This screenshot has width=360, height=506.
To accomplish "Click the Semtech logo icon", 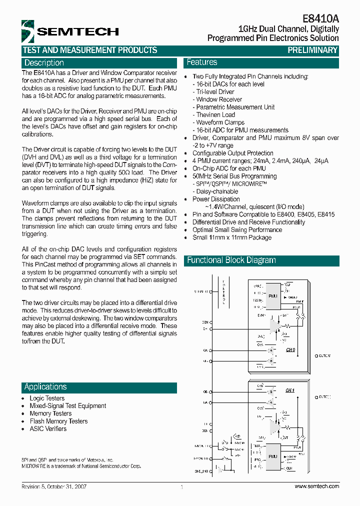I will [28, 31].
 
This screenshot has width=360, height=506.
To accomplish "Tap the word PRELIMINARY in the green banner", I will [312, 50].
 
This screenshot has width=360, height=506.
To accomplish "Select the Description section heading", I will [44, 63].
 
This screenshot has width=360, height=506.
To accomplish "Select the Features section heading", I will [202, 62].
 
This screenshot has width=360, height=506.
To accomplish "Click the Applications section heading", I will [45, 387].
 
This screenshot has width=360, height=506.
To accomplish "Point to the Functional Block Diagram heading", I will [231, 260].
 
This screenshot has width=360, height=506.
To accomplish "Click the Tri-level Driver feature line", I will [215, 92].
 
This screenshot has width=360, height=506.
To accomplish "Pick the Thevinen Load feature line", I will [215, 115].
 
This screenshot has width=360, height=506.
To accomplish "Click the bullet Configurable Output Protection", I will [232, 153].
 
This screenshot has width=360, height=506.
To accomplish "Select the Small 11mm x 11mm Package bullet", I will [232, 237].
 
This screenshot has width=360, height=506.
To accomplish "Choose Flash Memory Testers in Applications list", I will [58, 421].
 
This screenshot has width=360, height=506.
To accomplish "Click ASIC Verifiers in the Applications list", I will [48, 429].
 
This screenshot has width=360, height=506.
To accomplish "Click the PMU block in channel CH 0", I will [273, 296].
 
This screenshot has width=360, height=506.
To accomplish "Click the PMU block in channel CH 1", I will [273, 456].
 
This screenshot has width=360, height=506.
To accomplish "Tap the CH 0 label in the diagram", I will [290, 350].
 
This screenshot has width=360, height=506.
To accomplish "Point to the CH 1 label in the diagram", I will [290, 390].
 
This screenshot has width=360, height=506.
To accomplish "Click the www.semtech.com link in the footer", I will [316, 486].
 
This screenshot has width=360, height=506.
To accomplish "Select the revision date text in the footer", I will [54, 486].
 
